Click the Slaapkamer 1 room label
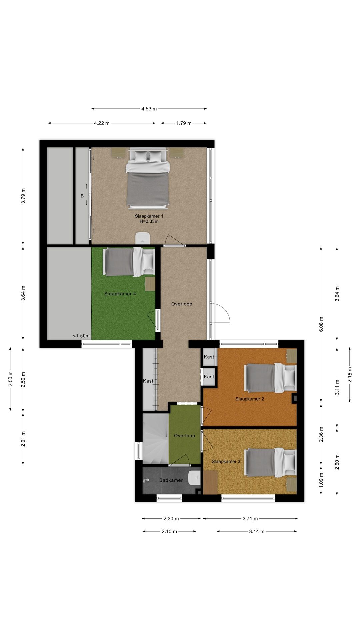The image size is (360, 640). [149, 218]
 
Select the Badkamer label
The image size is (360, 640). [171, 480]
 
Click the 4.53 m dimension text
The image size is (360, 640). [149, 109]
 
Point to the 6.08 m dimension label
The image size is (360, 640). [321, 324]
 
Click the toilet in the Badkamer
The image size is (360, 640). [194, 478]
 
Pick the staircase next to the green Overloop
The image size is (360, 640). [155, 439]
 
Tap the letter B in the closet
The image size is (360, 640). [82, 196]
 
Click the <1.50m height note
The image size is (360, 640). [81, 336]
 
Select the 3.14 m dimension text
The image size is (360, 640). [256, 531]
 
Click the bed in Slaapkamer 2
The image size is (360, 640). [270, 378]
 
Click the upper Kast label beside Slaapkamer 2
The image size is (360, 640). [209, 357]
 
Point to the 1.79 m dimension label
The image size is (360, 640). [184, 123]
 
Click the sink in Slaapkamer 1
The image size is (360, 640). [143, 238]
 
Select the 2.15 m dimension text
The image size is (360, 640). [350, 375]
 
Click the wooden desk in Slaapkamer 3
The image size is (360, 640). [210, 482]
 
